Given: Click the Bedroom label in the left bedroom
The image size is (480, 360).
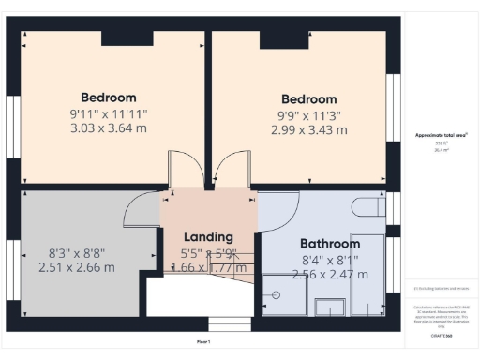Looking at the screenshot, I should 108,97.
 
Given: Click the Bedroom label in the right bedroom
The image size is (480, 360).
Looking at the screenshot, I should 308,99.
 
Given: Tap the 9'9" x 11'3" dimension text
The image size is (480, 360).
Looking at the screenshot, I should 308,115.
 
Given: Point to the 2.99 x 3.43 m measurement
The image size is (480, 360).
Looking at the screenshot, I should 308,129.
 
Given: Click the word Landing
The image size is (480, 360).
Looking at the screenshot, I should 208,237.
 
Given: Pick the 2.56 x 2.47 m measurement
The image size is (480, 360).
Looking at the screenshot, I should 323,275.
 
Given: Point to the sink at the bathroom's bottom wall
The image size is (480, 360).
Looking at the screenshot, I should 329,307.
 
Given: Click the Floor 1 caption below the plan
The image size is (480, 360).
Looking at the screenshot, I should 203,341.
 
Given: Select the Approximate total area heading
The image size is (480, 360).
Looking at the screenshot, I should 442,135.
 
